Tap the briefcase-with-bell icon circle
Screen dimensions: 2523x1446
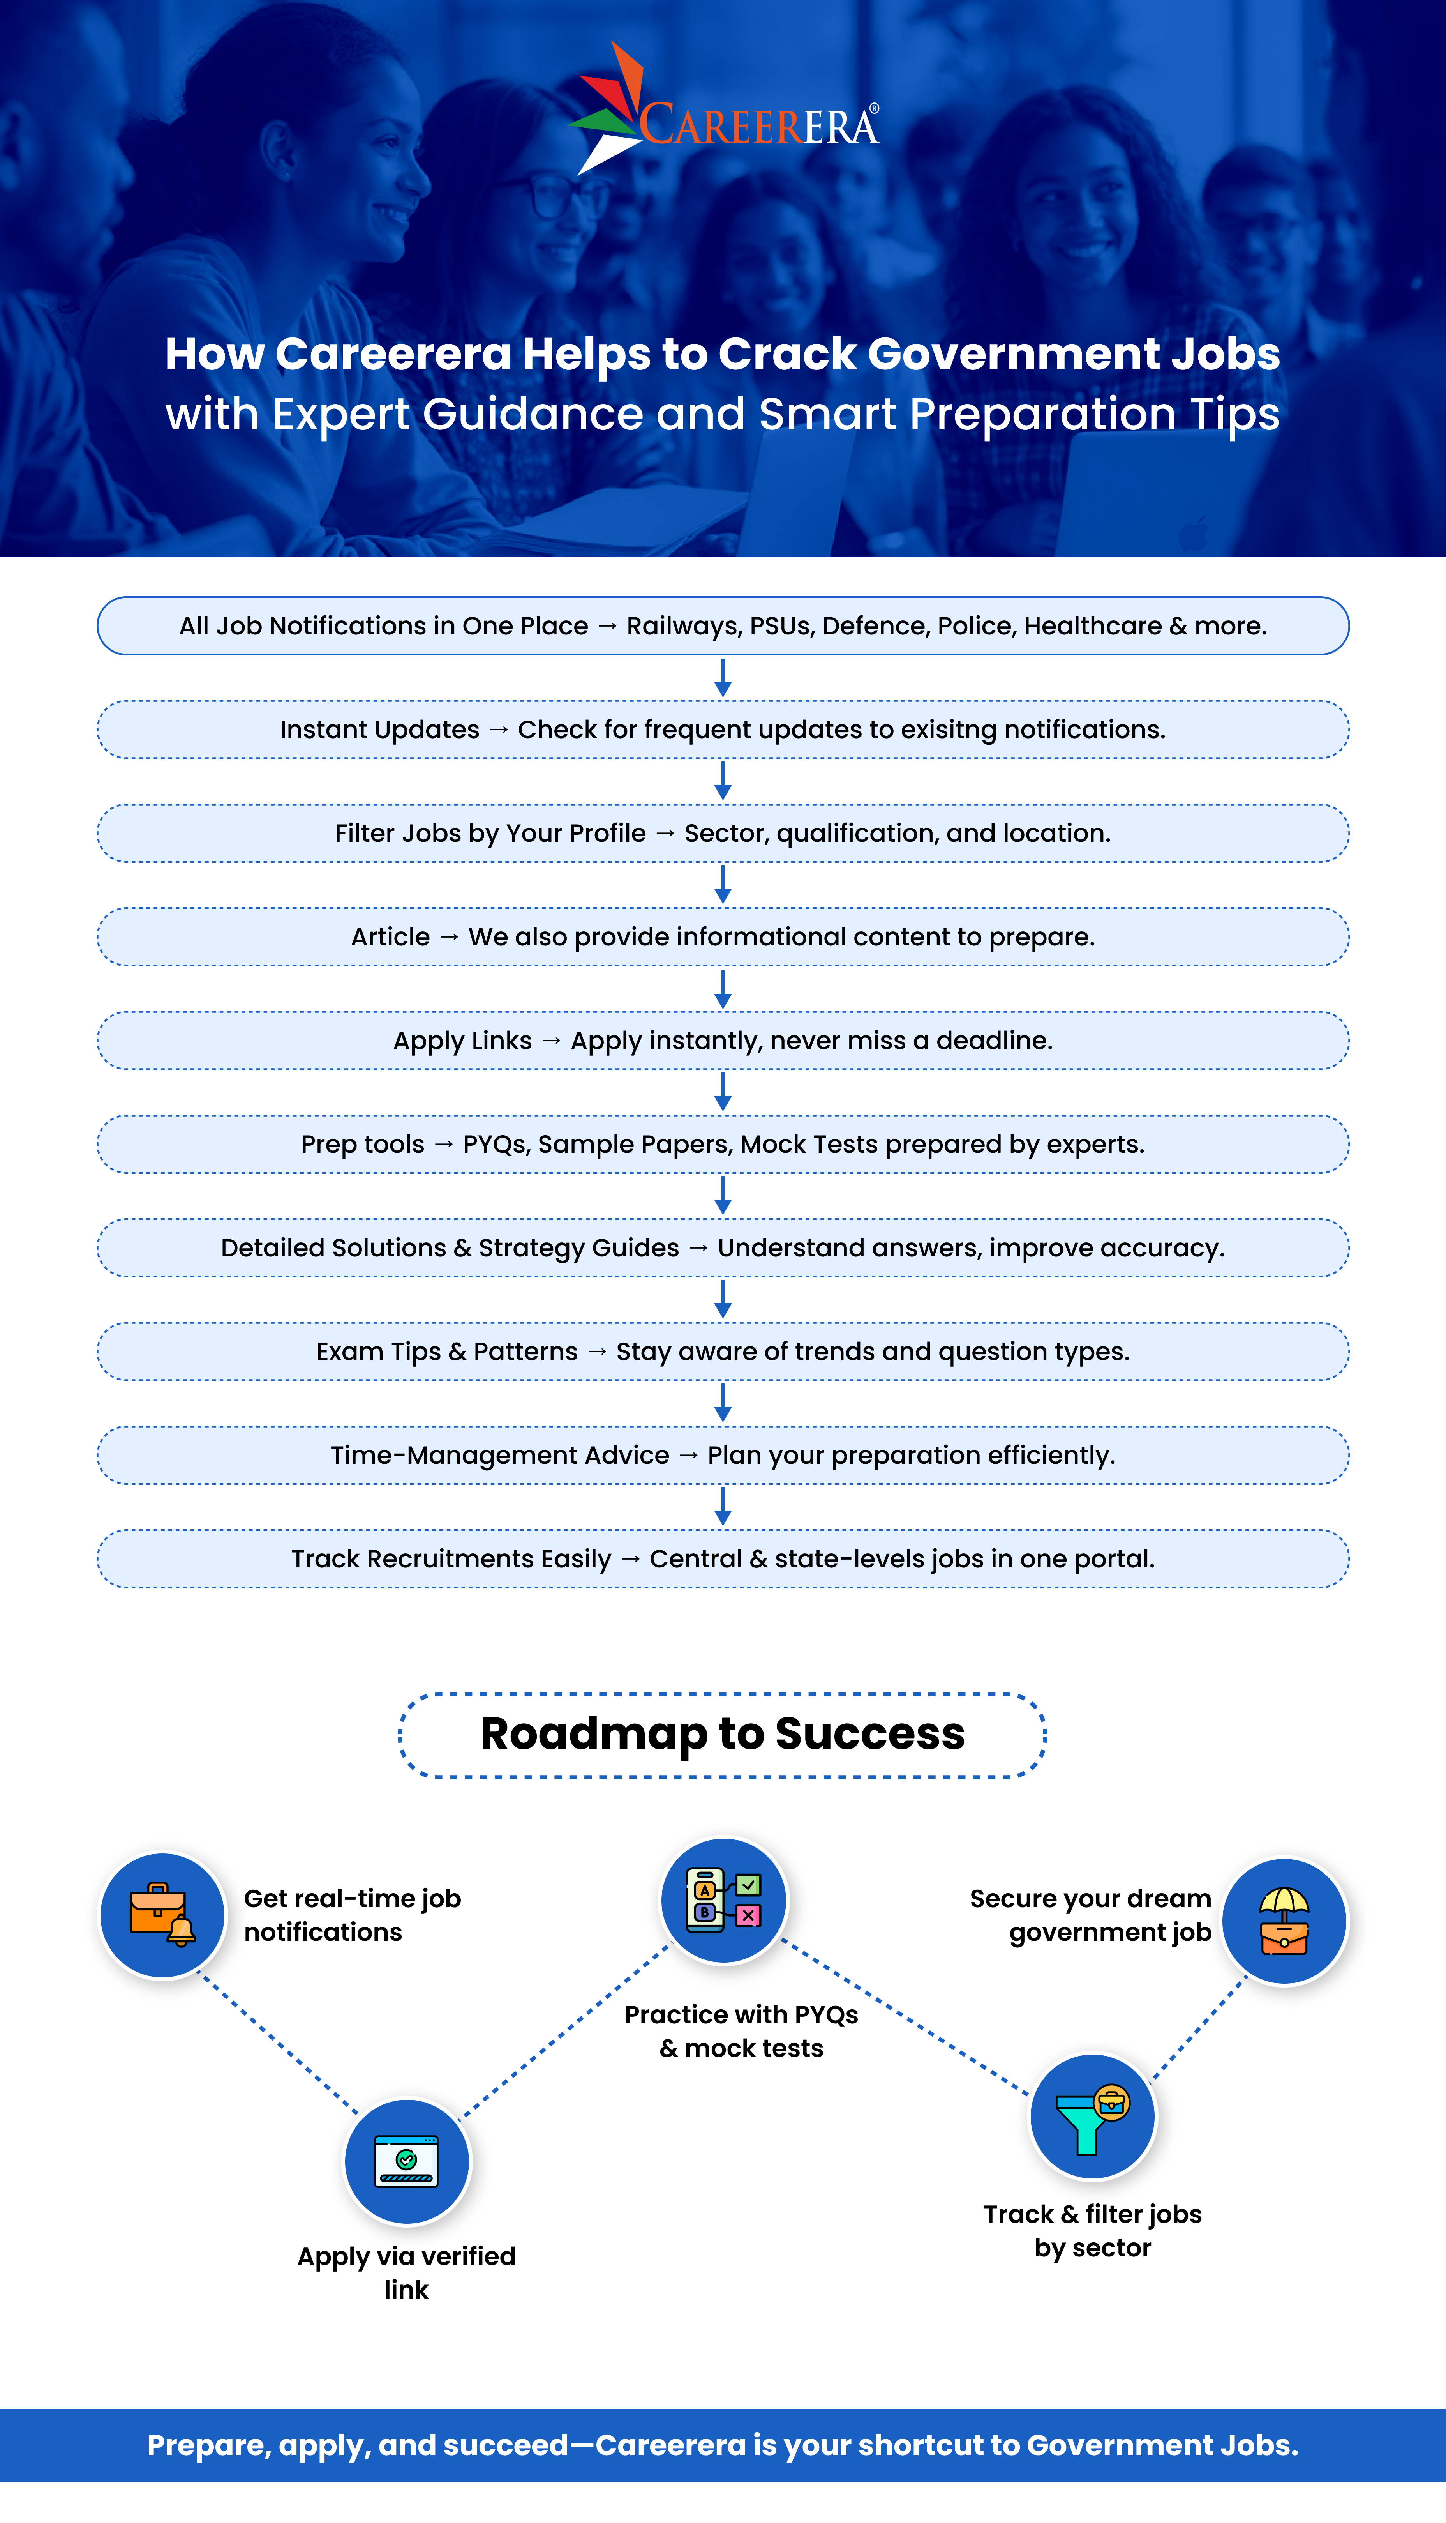[163, 1915]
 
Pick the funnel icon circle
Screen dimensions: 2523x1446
[1092, 2116]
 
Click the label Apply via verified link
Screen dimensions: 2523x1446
[406, 2272]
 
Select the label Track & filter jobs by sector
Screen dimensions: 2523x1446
[1092, 2230]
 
